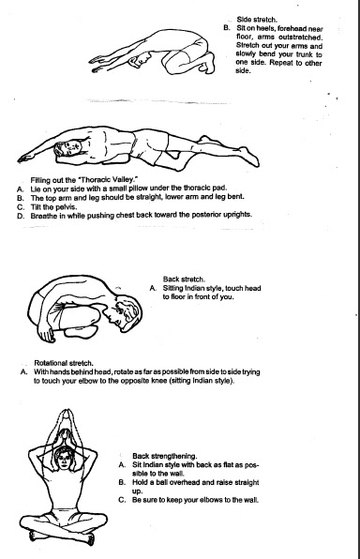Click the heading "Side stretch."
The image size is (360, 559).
point(257,20)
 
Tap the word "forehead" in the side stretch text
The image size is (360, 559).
point(292,28)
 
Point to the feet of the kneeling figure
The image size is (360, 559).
point(208,63)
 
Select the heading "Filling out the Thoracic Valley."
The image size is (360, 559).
point(84,179)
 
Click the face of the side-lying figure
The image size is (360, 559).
point(70,147)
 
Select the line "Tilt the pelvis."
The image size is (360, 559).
point(53,206)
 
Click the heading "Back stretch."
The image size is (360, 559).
point(184,279)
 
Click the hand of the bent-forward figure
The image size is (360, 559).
point(46,335)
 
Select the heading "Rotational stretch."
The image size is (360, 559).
point(64,363)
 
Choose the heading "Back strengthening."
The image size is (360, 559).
point(164,456)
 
